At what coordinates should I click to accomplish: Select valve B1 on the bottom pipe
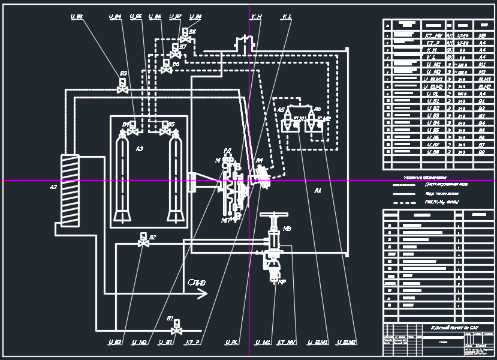tap(176, 329)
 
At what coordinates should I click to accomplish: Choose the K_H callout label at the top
tap(257, 17)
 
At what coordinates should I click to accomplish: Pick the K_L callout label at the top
tap(286, 17)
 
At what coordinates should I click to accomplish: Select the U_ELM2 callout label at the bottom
tap(348, 343)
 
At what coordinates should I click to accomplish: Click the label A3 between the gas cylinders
tap(140, 148)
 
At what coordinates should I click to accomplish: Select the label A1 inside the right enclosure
tap(318, 190)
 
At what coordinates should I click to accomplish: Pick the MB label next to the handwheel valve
tap(287, 229)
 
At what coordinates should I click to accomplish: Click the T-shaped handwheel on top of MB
tap(273, 215)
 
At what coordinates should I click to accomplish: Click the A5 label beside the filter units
tap(281, 110)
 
